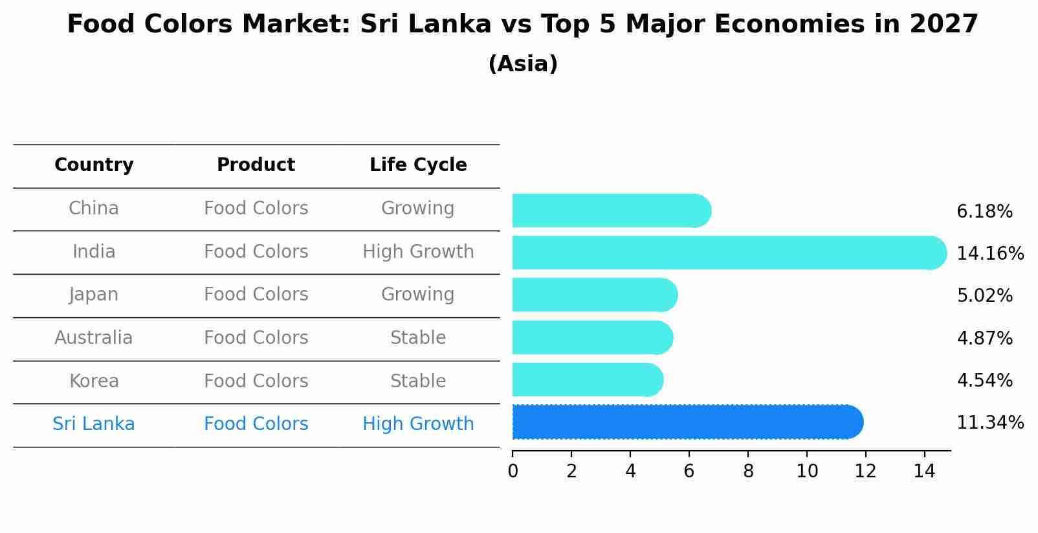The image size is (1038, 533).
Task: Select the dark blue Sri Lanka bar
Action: (686, 422)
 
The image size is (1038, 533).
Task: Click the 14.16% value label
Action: (989, 253)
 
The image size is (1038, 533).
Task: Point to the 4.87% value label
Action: (984, 338)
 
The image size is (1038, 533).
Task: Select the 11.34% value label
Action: (989, 423)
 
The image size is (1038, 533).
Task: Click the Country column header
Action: (94, 165)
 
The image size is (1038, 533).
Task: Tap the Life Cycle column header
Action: (418, 165)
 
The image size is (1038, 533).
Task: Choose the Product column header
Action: (256, 165)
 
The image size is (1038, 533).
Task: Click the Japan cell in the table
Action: (94, 295)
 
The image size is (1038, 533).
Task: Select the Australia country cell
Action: (94, 338)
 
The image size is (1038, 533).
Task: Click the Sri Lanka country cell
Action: (94, 424)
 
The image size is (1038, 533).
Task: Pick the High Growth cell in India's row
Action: (418, 252)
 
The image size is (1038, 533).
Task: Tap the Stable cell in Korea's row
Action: (418, 381)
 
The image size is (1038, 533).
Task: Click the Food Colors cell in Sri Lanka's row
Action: (256, 424)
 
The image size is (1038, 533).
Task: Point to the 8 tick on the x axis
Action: (748, 471)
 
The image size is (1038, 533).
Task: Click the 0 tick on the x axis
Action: (513, 471)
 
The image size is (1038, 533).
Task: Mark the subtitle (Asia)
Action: (523, 64)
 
